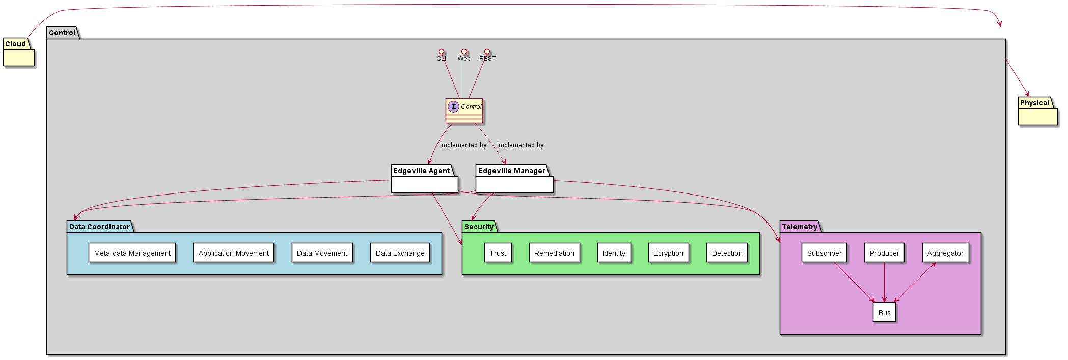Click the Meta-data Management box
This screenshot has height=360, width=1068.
coord(132,253)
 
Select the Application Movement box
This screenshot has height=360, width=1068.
coord(234,253)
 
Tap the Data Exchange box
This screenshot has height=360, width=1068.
coord(400,253)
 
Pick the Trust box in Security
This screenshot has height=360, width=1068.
coord(498,253)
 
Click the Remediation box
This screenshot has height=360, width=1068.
coord(554,253)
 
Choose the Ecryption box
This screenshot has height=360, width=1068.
coord(668,253)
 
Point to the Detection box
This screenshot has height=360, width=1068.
coord(727,253)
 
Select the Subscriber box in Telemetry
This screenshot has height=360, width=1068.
coord(824,253)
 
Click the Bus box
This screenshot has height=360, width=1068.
coord(884,312)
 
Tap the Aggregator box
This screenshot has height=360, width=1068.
coord(945,253)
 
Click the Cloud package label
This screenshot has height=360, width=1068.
coord(15,44)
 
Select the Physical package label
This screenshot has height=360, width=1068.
coord(1034,103)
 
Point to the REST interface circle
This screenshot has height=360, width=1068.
coord(487,52)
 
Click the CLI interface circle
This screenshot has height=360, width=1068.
coord(441,52)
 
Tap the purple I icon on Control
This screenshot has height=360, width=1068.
coord(453,106)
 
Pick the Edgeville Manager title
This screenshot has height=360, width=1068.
coord(511,171)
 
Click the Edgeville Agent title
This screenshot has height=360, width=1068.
coord(421,171)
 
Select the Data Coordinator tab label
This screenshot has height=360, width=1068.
coord(99,227)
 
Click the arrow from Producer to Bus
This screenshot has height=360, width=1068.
coord(884,283)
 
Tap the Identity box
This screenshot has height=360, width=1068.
coord(614,253)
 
